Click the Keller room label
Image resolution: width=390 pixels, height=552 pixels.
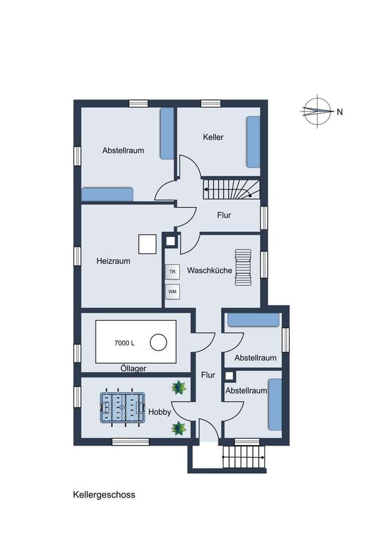[213, 137]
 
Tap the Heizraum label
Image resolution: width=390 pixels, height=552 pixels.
[113, 261]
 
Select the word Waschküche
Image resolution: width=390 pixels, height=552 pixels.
[210, 271]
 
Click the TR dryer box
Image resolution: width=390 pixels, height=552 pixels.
[172, 272]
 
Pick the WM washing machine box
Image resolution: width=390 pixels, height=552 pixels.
[172, 292]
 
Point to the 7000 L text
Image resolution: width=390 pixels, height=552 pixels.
[124, 343]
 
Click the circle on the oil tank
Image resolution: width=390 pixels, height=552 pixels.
[158, 342]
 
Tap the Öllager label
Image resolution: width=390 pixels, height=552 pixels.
[133, 369]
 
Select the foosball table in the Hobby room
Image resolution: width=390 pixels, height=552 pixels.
[123, 408]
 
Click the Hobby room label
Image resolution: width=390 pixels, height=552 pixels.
[159, 412]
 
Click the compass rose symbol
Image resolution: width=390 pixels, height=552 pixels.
[318, 111]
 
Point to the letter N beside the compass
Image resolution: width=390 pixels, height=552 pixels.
[340, 112]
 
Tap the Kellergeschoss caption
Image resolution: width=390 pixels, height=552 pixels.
[104, 495]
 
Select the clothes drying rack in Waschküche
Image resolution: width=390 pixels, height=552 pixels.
[243, 267]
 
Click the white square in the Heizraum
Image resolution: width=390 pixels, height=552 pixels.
[148, 244]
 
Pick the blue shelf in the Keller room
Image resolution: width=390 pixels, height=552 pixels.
[253, 142]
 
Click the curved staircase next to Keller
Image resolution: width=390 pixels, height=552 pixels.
[232, 190]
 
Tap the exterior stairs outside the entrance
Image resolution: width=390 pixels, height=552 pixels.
[243, 457]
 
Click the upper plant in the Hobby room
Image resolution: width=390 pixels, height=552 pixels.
[179, 388]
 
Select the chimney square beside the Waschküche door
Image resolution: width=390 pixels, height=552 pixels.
[170, 241]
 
